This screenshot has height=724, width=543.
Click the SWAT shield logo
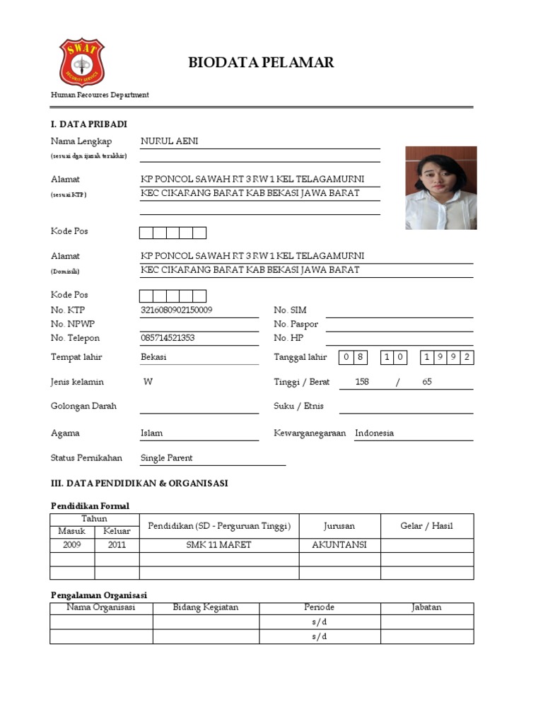pyautogui.click(x=81, y=63)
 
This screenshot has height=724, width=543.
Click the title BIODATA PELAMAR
pyautogui.click(x=261, y=63)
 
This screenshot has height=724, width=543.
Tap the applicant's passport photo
pyautogui.click(x=440, y=187)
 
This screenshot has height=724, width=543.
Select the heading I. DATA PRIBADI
pyautogui.click(x=89, y=124)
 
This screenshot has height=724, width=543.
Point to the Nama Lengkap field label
pyautogui.click(x=81, y=141)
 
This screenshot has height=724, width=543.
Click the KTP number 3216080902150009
pyautogui.click(x=177, y=310)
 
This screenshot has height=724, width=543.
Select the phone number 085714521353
pyautogui.click(x=168, y=338)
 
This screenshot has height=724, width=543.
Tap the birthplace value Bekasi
pyautogui.click(x=154, y=357)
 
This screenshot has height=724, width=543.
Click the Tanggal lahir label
pyautogui.click(x=300, y=357)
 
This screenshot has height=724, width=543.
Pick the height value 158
pyautogui.click(x=362, y=382)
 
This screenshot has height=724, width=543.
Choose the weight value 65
pyautogui.click(x=427, y=382)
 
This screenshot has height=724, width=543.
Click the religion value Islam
pyautogui.click(x=151, y=433)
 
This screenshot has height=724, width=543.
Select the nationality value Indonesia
pyautogui.click(x=375, y=433)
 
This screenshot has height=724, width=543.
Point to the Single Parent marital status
pyautogui.click(x=167, y=457)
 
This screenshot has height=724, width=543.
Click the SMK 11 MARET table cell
pyautogui.click(x=218, y=545)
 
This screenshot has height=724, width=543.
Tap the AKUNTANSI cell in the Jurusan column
pyautogui.click(x=339, y=545)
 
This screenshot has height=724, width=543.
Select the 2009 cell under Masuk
pyautogui.click(x=72, y=545)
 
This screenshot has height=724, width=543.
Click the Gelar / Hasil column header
pyautogui.click(x=427, y=525)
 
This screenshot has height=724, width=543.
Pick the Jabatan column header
pyautogui.click(x=427, y=607)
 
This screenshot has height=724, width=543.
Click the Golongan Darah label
pyautogui.click(x=84, y=407)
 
